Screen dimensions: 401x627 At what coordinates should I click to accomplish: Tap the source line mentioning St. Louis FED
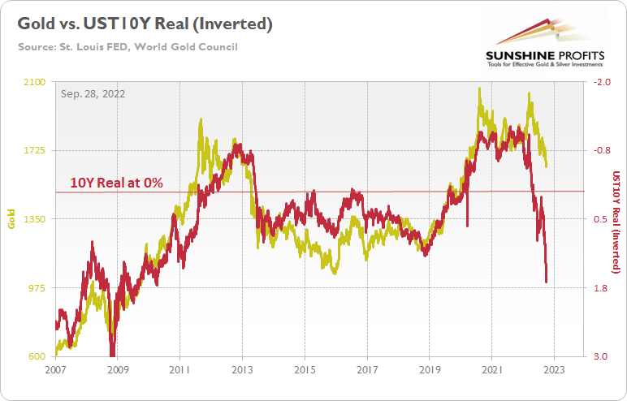coord(128,47)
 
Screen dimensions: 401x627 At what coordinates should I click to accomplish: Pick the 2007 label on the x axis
coord(55,369)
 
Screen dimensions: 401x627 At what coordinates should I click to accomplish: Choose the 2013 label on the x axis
coord(242,369)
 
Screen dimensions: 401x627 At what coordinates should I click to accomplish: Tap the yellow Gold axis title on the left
coord(11,219)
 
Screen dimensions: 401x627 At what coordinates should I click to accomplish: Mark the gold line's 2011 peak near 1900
coord(200,121)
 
